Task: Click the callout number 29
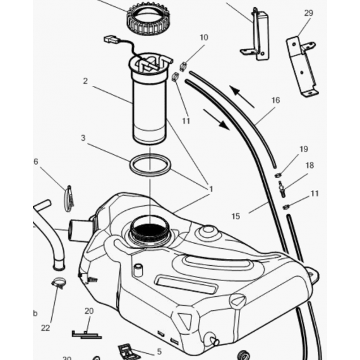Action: (x=308, y=13)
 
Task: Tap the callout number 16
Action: (x=275, y=100)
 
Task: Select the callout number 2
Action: (x=85, y=81)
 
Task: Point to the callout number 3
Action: (x=83, y=137)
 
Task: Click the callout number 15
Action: (x=236, y=216)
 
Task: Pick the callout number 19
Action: (x=304, y=149)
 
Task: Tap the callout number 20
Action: (x=88, y=311)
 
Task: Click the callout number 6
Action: (x=36, y=161)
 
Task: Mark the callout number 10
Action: (x=203, y=38)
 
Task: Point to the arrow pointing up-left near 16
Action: (x=242, y=96)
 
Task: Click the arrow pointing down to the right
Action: (x=216, y=119)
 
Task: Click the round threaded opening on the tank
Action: (x=150, y=231)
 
